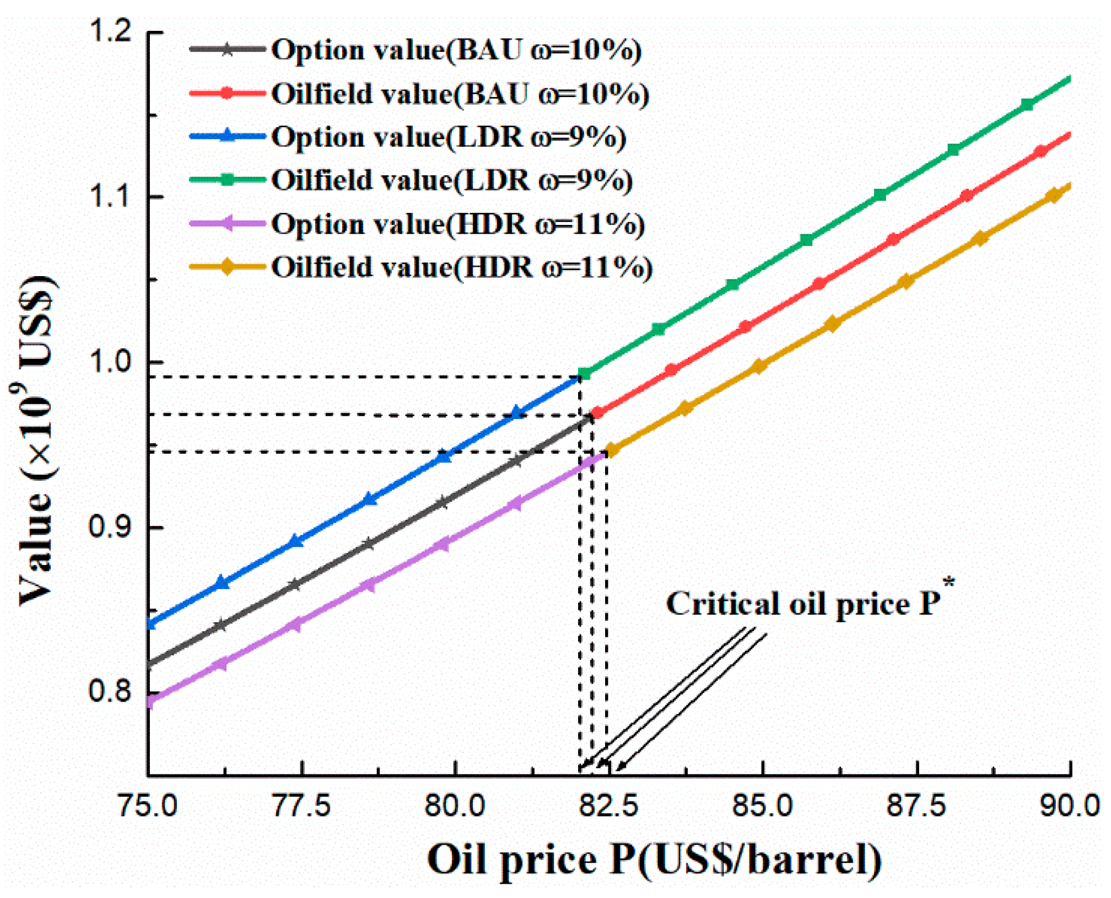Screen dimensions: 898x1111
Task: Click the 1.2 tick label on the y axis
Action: click(110, 32)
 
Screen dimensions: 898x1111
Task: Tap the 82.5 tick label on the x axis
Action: click(608, 806)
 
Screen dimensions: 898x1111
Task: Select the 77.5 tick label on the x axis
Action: click(301, 806)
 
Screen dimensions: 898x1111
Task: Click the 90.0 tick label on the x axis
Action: click(1069, 806)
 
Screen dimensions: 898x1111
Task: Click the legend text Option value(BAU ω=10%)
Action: click(456, 50)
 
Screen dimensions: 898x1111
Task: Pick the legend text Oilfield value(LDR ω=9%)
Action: click(452, 180)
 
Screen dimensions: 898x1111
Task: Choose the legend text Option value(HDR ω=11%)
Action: click(457, 224)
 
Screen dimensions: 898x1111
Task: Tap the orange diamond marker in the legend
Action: click(227, 267)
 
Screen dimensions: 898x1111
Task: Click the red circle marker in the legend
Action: click(227, 93)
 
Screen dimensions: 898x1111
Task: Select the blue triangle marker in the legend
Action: click(227, 136)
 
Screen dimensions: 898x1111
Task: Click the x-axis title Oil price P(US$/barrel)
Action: click(654, 859)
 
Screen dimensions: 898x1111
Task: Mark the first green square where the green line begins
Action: click(584, 374)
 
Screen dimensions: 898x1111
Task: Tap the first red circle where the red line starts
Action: click(597, 413)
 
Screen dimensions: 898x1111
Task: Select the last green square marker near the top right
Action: click(1027, 104)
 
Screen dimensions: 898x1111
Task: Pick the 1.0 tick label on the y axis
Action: click(110, 362)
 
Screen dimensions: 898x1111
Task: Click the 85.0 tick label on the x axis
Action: click(762, 806)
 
